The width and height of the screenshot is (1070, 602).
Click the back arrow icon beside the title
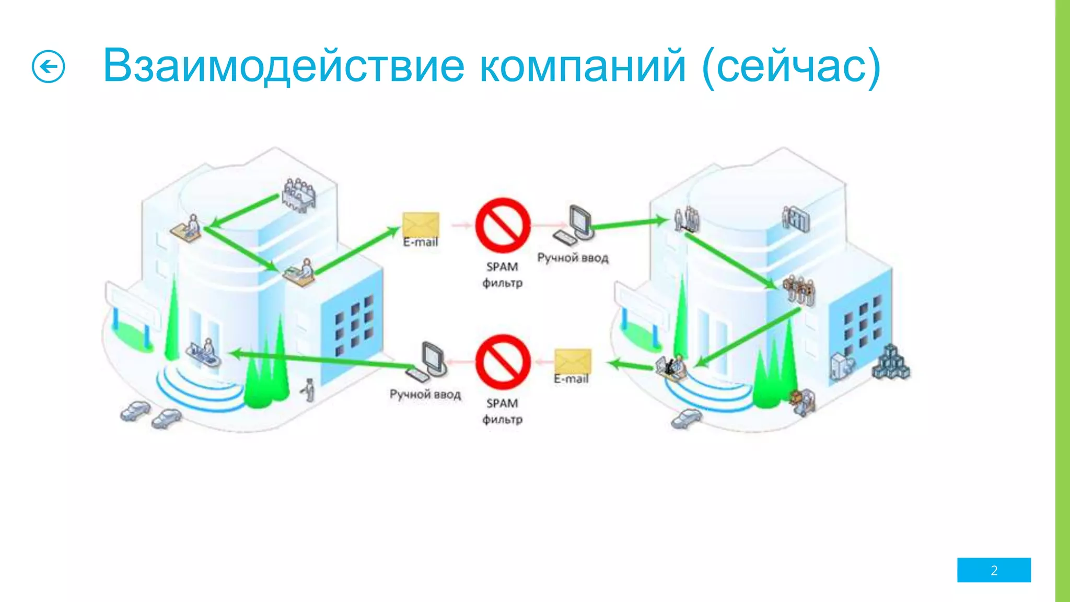49,67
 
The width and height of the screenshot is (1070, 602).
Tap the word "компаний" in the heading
583,66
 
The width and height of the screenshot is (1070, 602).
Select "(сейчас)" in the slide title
791,67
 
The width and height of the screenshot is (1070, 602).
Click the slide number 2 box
994,570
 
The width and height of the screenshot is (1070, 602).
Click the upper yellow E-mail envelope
421,225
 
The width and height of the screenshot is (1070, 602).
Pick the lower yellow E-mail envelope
573,361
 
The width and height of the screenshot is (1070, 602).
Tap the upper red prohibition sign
503,225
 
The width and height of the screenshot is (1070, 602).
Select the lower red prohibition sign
503,362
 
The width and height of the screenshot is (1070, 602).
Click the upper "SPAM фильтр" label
502,275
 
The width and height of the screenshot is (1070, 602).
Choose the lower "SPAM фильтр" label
502,411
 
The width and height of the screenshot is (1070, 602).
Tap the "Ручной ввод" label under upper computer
573,258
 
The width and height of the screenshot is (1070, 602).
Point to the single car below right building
686,418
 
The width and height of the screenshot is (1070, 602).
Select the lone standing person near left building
309,390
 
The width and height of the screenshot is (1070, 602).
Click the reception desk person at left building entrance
205,353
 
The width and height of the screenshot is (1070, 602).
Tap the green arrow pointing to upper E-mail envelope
357,250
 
